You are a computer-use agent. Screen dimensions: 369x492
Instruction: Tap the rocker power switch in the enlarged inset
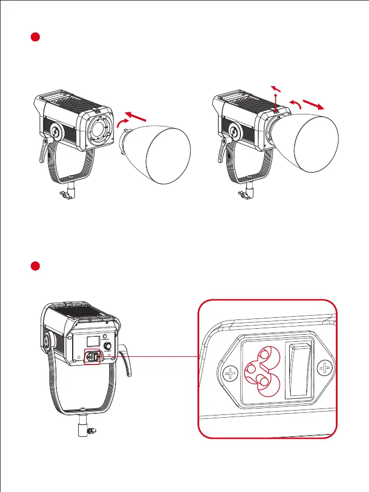pyautogui.click(x=300, y=370)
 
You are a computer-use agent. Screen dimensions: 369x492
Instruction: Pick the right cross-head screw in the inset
pyautogui.click(x=326, y=369)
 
